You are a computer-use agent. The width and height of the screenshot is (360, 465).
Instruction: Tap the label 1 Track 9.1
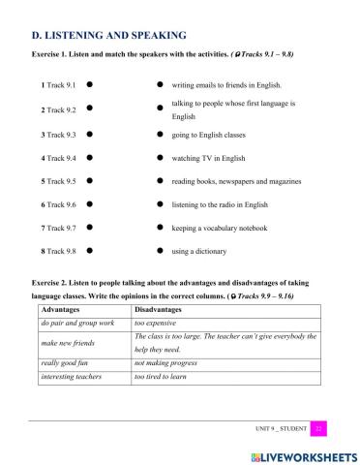[x=57, y=85]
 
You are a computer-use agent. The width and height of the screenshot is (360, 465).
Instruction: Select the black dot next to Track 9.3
[x=89, y=133]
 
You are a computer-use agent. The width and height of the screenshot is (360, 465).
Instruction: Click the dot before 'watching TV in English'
[x=160, y=157]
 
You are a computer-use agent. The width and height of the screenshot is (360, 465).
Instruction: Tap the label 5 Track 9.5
[x=57, y=180]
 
